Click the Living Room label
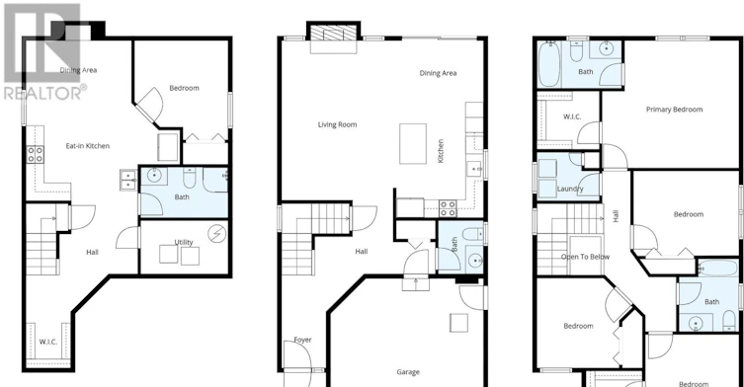(337, 124)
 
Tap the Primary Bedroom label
(674, 110)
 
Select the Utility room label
(184, 242)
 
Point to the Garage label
(408, 372)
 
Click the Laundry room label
(570, 189)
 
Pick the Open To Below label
(585, 257)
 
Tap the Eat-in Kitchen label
(88, 146)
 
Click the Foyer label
(302, 340)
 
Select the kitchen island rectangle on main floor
(413, 144)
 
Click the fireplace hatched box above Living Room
(333, 33)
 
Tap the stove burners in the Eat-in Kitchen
(36, 154)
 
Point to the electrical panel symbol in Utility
(216, 233)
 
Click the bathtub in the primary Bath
(549, 64)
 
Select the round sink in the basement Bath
(155, 176)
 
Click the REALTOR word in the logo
(42, 93)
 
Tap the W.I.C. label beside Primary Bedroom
(572, 116)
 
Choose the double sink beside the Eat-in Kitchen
(128, 181)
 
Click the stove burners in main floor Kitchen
(448, 208)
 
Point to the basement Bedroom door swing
(150, 104)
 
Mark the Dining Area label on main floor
(438, 73)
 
